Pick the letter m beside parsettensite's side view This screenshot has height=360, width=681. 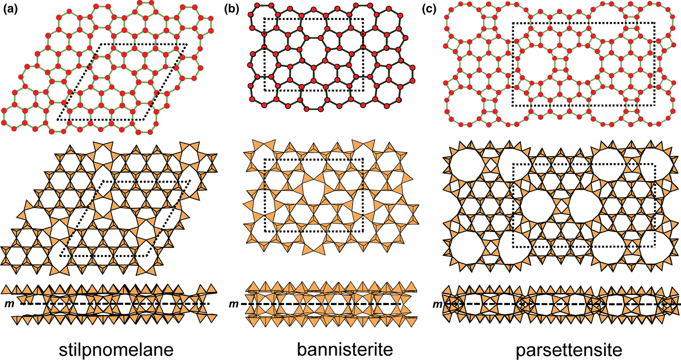(437, 304)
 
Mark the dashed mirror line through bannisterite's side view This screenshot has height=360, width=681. (331, 304)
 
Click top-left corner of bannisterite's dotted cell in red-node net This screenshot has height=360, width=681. (264, 19)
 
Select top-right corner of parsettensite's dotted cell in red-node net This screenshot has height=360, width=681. (655, 22)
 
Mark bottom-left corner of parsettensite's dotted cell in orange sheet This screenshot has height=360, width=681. (513, 247)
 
